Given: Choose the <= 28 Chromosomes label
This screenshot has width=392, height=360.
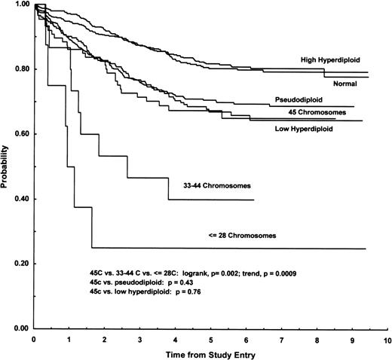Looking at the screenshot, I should tap(240, 236).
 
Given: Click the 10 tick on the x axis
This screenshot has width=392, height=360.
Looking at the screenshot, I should tap(386, 340).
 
